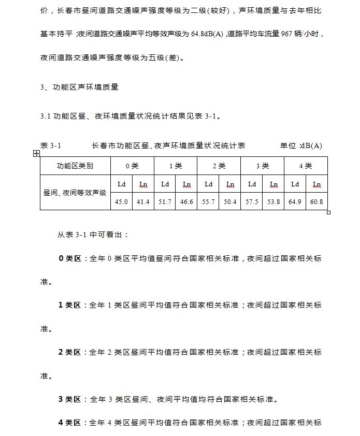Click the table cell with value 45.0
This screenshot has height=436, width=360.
[121, 202]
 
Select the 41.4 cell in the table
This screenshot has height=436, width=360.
[143, 202]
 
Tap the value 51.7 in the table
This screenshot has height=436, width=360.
[165, 202]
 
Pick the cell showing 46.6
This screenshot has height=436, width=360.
[186, 202]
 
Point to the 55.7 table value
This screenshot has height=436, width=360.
[208, 202]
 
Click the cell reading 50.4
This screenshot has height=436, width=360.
[230, 202]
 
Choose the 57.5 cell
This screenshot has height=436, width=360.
[252, 202]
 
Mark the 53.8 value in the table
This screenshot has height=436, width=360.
[273, 202]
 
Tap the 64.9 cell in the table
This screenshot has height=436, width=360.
[295, 202]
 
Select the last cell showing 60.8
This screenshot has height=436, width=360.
[316, 202]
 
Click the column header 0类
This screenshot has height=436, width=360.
[132, 166]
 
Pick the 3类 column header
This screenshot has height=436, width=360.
[263, 166]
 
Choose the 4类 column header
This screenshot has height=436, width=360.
[306, 166]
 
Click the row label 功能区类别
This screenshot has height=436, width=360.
[75, 166]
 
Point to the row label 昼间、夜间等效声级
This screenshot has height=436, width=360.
[75, 193]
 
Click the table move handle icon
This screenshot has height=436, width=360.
[36, 154]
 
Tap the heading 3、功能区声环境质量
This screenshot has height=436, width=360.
[79, 87]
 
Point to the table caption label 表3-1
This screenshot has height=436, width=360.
[51, 146]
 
